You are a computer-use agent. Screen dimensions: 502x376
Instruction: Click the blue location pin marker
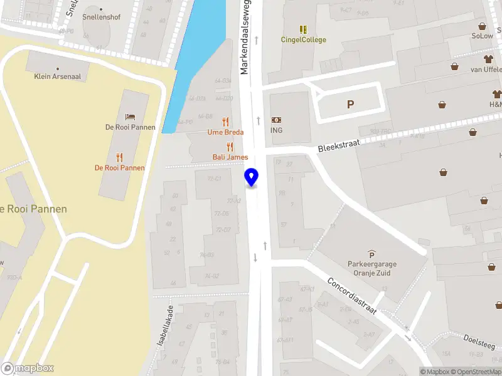(x=251, y=177)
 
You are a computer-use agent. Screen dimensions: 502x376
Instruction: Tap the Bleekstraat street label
(x=339, y=144)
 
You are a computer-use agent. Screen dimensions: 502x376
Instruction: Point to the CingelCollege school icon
(x=303, y=29)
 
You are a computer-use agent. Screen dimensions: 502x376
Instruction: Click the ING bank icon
(x=276, y=120)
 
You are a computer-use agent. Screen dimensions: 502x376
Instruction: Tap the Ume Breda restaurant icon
(x=226, y=122)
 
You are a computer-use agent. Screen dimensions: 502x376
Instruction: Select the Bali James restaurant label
(x=230, y=157)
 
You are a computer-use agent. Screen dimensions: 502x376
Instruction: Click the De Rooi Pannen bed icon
(x=130, y=117)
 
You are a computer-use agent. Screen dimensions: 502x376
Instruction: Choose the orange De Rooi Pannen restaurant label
(x=120, y=168)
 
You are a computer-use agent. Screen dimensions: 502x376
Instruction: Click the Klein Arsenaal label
(x=57, y=76)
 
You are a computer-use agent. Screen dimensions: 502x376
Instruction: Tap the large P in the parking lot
(x=350, y=105)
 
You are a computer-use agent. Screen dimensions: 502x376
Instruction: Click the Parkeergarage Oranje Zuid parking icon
(x=372, y=254)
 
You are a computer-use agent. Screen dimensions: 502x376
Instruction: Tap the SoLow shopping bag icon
(x=482, y=26)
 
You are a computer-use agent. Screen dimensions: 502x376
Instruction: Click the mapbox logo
(x=28, y=368)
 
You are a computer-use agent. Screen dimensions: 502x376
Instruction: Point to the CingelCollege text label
(x=303, y=40)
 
